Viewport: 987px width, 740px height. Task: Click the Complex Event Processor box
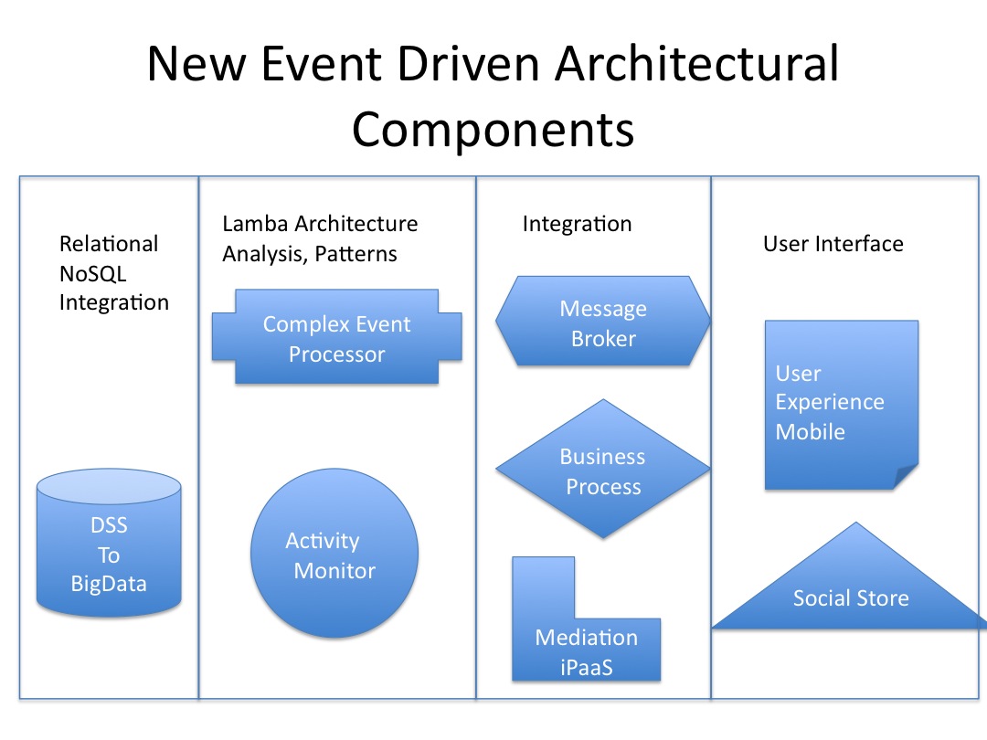tap(336, 338)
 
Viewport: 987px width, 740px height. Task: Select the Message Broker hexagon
tap(602, 322)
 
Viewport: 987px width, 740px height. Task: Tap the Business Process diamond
tap(602, 470)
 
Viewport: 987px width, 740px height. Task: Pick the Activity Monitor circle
tap(334, 555)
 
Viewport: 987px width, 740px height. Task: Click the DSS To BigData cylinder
tap(109, 548)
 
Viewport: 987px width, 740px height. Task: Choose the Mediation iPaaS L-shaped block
tap(586, 649)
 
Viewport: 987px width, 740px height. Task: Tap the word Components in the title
tap(493, 129)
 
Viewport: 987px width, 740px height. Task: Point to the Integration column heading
tap(577, 224)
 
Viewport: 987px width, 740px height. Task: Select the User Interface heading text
tap(833, 244)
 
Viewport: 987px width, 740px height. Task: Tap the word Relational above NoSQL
tap(108, 244)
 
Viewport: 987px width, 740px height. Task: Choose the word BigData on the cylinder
tap(109, 583)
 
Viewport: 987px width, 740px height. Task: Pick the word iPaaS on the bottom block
tap(586, 667)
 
